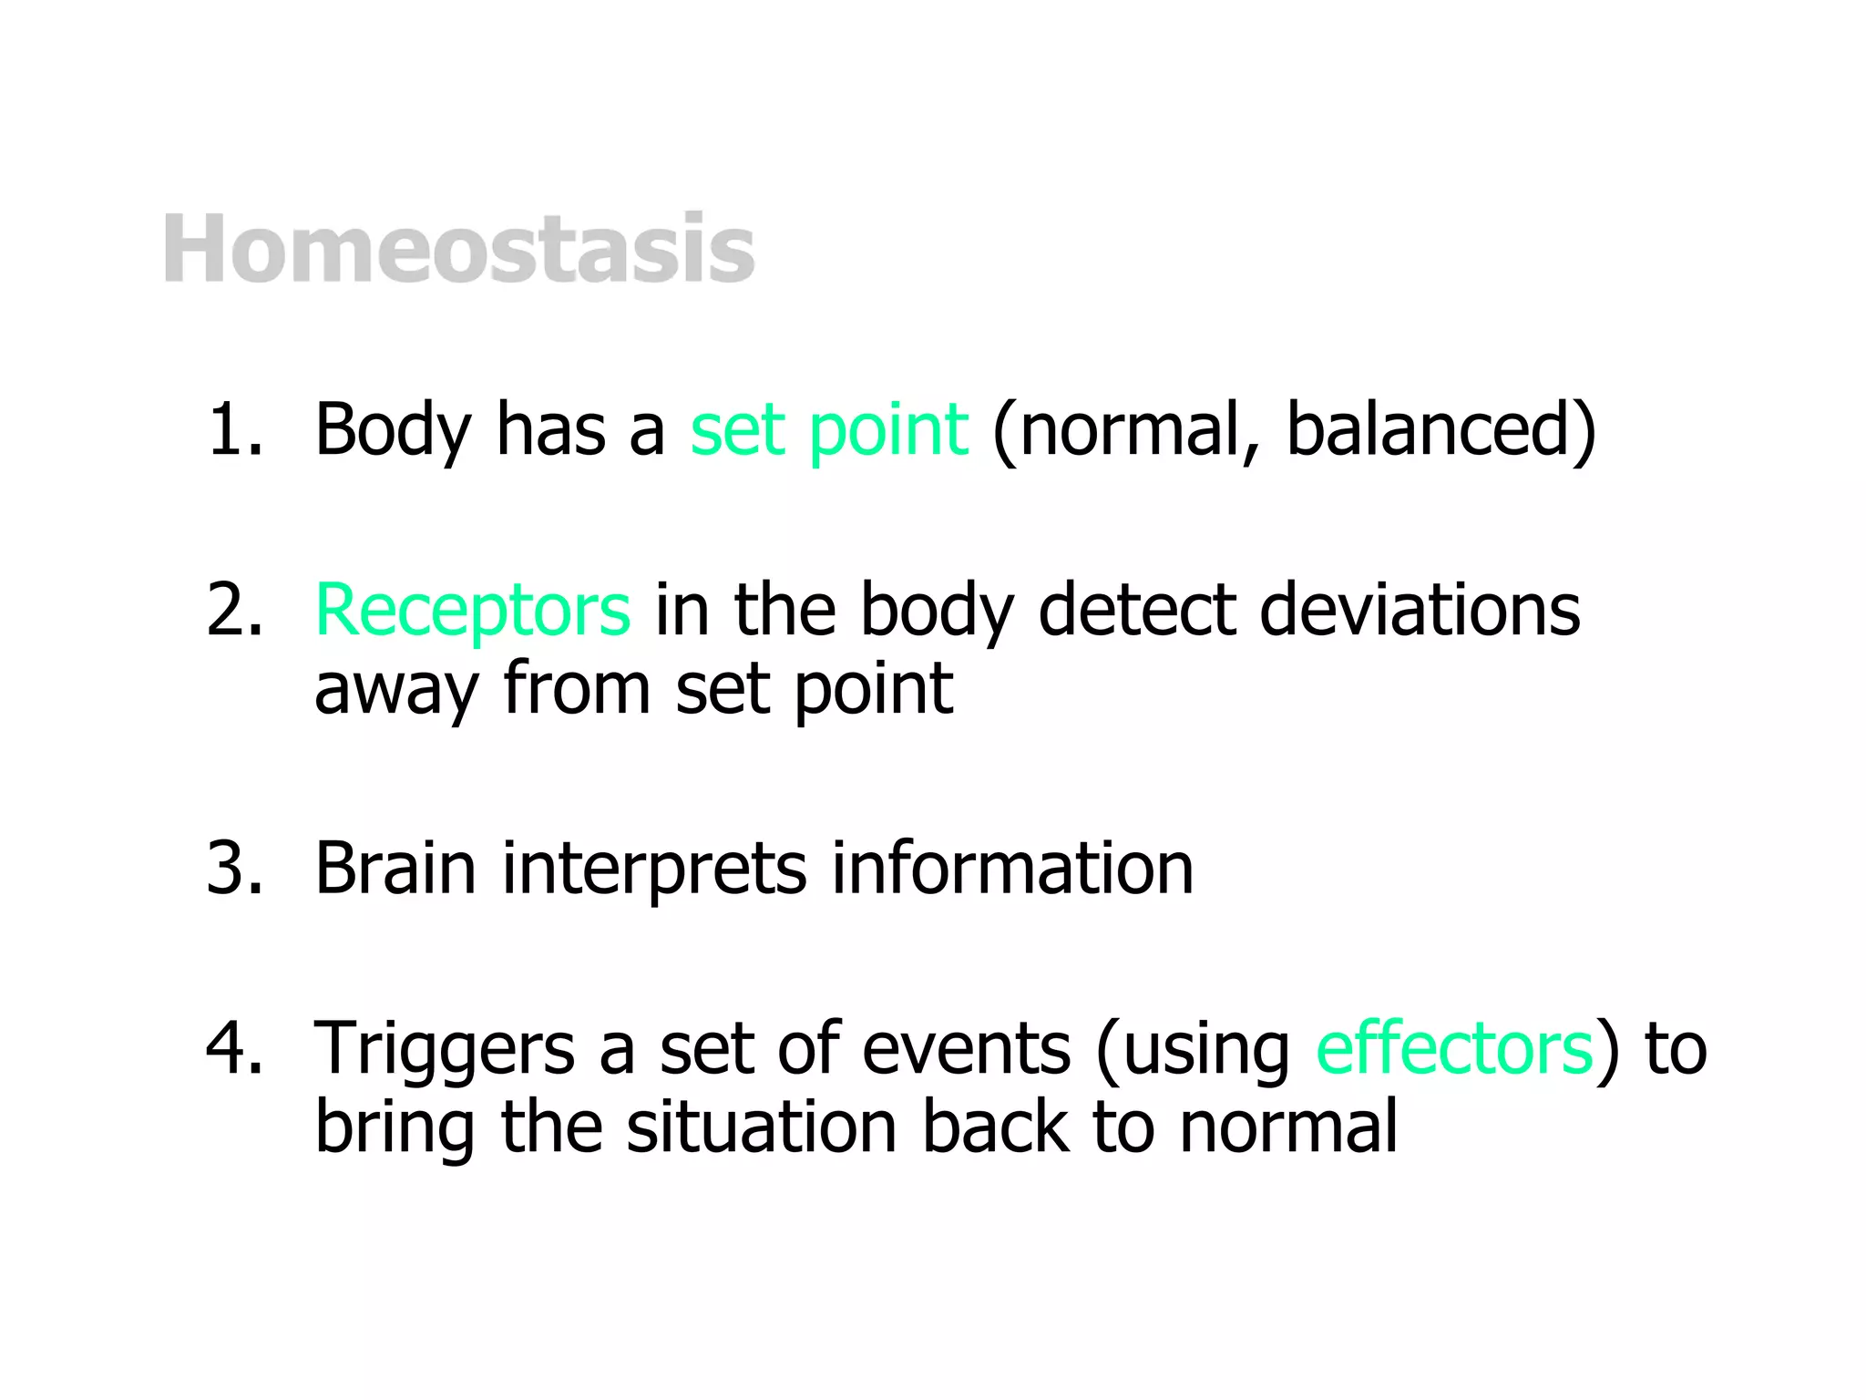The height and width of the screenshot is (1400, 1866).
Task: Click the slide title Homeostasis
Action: tap(458, 249)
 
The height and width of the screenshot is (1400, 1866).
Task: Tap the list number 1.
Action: tap(234, 429)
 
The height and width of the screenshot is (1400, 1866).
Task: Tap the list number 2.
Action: tap(234, 610)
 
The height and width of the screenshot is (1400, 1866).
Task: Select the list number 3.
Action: tap(234, 868)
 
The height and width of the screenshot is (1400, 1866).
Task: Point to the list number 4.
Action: tap(234, 1048)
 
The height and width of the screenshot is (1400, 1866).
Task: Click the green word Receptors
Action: tap(472, 610)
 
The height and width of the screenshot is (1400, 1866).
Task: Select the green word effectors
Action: tap(1454, 1048)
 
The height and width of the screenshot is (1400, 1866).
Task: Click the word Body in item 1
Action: tap(393, 429)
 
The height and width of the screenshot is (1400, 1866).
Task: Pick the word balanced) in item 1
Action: tap(1441, 429)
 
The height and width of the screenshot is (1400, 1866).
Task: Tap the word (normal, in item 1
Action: tap(1126, 429)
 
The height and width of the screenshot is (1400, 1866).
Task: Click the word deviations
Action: tap(1419, 610)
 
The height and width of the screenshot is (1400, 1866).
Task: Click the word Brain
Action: tap(395, 868)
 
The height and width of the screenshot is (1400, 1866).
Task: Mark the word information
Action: tap(1011, 868)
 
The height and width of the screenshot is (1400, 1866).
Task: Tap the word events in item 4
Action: tap(966, 1048)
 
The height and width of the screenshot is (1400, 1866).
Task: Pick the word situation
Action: tap(762, 1127)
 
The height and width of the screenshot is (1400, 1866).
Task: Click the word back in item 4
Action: tap(993, 1127)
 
